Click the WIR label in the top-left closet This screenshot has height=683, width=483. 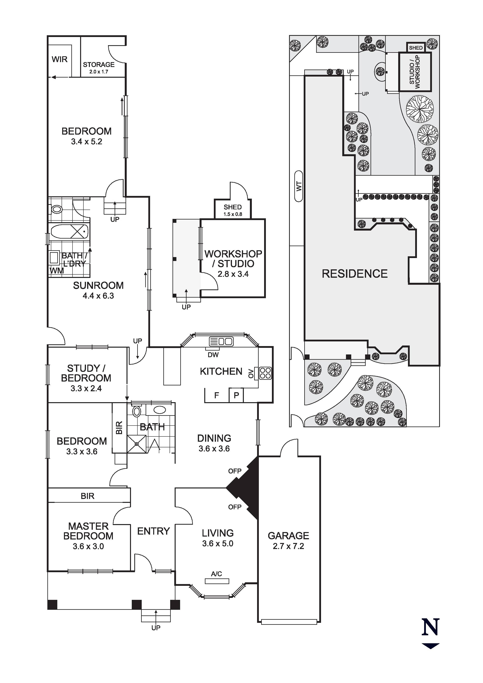pyautogui.click(x=60, y=59)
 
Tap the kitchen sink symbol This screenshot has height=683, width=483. pyautogui.click(x=221, y=341)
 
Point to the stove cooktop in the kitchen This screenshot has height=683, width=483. pyautogui.click(x=265, y=373)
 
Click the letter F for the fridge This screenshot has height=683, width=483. pyautogui.click(x=217, y=395)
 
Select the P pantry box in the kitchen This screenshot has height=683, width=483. pyautogui.click(x=236, y=395)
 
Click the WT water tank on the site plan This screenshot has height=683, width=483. pyautogui.click(x=299, y=186)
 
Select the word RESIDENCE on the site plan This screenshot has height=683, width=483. pyautogui.click(x=355, y=274)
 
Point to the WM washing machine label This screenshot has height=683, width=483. pyautogui.click(x=57, y=271)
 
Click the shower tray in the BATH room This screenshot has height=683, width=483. pyautogui.click(x=137, y=444)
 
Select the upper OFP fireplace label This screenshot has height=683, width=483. pyautogui.click(x=235, y=471)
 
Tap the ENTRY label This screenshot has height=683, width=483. pyautogui.click(x=153, y=531)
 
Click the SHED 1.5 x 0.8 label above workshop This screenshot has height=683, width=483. pyautogui.click(x=233, y=210)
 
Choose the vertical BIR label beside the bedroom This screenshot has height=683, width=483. pyautogui.click(x=119, y=428)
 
